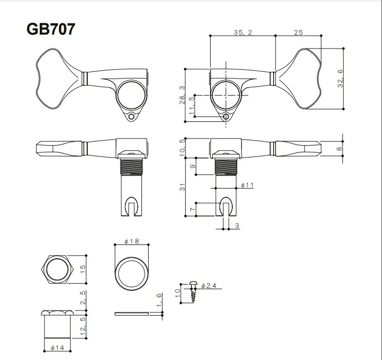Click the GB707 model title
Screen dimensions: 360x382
(51, 29)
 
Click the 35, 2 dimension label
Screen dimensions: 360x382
(243, 32)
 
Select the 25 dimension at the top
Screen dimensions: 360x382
(298, 32)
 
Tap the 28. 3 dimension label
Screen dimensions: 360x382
(181, 95)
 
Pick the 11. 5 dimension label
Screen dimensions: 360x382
(192, 105)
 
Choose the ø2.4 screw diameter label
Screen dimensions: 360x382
(210, 285)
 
